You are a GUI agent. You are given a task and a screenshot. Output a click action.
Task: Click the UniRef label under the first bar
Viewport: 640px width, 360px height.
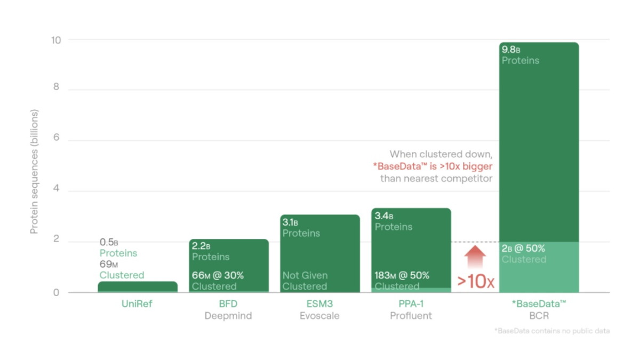(x=137, y=305)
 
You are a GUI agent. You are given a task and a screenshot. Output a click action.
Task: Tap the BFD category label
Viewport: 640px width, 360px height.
(x=228, y=305)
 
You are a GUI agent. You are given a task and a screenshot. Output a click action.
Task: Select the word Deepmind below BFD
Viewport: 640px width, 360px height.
(x=228, y=316)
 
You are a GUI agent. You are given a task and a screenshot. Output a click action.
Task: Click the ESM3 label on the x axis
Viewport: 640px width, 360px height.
(x=319, y=305)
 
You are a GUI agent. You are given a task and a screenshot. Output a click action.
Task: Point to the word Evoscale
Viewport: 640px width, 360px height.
(x=319, y=316)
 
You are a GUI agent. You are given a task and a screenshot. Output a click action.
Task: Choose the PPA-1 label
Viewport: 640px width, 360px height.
(x=411, y=305)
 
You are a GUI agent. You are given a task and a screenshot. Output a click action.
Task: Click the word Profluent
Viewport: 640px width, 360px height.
(x=411, y=316)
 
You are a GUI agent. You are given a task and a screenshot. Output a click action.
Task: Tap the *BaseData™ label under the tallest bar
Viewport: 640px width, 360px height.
(x=538, y=305)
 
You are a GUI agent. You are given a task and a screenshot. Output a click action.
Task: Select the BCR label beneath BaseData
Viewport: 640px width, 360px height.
(x=538, y=316)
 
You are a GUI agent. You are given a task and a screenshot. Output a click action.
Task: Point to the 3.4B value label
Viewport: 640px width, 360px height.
(x=385, y=216)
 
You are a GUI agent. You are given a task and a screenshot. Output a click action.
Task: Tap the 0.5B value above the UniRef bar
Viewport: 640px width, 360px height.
(x=109, y=242)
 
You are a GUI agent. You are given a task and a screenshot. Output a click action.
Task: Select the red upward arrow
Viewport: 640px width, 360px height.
(x=475, y=258)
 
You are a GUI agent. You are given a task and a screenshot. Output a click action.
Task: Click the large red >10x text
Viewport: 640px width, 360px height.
(x=475, y=281)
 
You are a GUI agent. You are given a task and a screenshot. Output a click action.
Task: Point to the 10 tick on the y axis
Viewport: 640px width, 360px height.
(x=56, y=40)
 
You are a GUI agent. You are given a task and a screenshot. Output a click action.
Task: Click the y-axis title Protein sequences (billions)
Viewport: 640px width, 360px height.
(x=35, y=172)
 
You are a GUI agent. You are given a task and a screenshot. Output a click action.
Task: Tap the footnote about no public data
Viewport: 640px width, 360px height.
(x=552, y=331)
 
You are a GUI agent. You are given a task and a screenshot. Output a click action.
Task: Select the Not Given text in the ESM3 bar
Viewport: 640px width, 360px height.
(x=305, y=275)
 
